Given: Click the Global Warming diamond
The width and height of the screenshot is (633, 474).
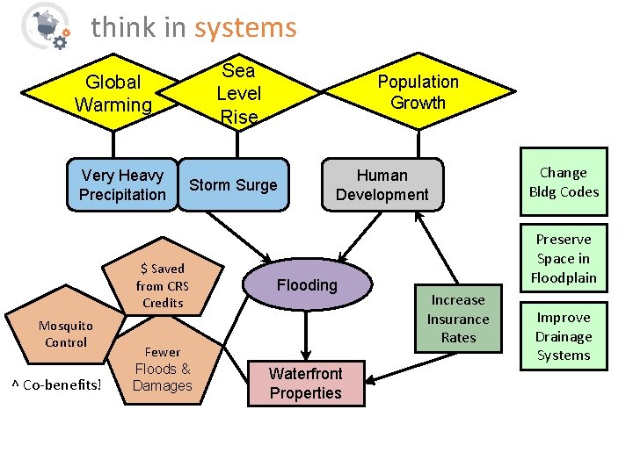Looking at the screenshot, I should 113,93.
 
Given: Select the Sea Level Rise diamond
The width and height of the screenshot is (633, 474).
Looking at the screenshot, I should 238,93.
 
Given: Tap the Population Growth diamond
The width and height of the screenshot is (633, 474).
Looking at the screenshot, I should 418,92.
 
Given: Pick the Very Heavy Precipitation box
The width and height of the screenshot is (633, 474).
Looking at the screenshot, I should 122,185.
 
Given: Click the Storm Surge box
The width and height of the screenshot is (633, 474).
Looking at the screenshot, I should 233,185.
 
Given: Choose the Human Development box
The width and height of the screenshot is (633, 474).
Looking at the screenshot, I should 382,185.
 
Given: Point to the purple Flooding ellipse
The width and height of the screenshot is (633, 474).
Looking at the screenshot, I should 307,285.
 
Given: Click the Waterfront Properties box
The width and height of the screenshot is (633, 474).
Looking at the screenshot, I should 305,384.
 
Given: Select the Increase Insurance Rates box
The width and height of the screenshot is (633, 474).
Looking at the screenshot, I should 458,319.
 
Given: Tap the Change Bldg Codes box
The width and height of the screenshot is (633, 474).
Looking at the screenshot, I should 564,183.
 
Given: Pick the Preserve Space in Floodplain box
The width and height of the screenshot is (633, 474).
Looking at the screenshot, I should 564,259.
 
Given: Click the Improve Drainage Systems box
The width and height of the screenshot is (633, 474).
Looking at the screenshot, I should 564,336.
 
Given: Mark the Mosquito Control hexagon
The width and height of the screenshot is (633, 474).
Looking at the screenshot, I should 66,334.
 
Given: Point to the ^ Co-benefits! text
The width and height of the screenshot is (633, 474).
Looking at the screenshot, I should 56,384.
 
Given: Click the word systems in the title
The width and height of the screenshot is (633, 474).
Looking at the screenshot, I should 245,28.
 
